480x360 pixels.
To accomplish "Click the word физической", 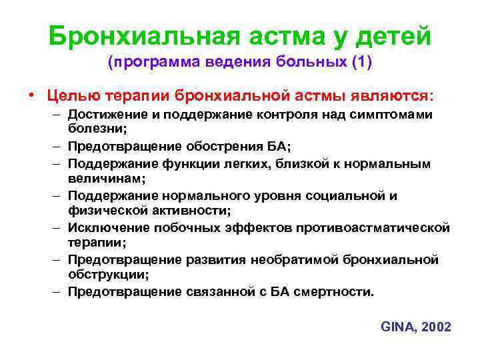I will (102, 211).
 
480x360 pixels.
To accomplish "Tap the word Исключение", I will (106, 227).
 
